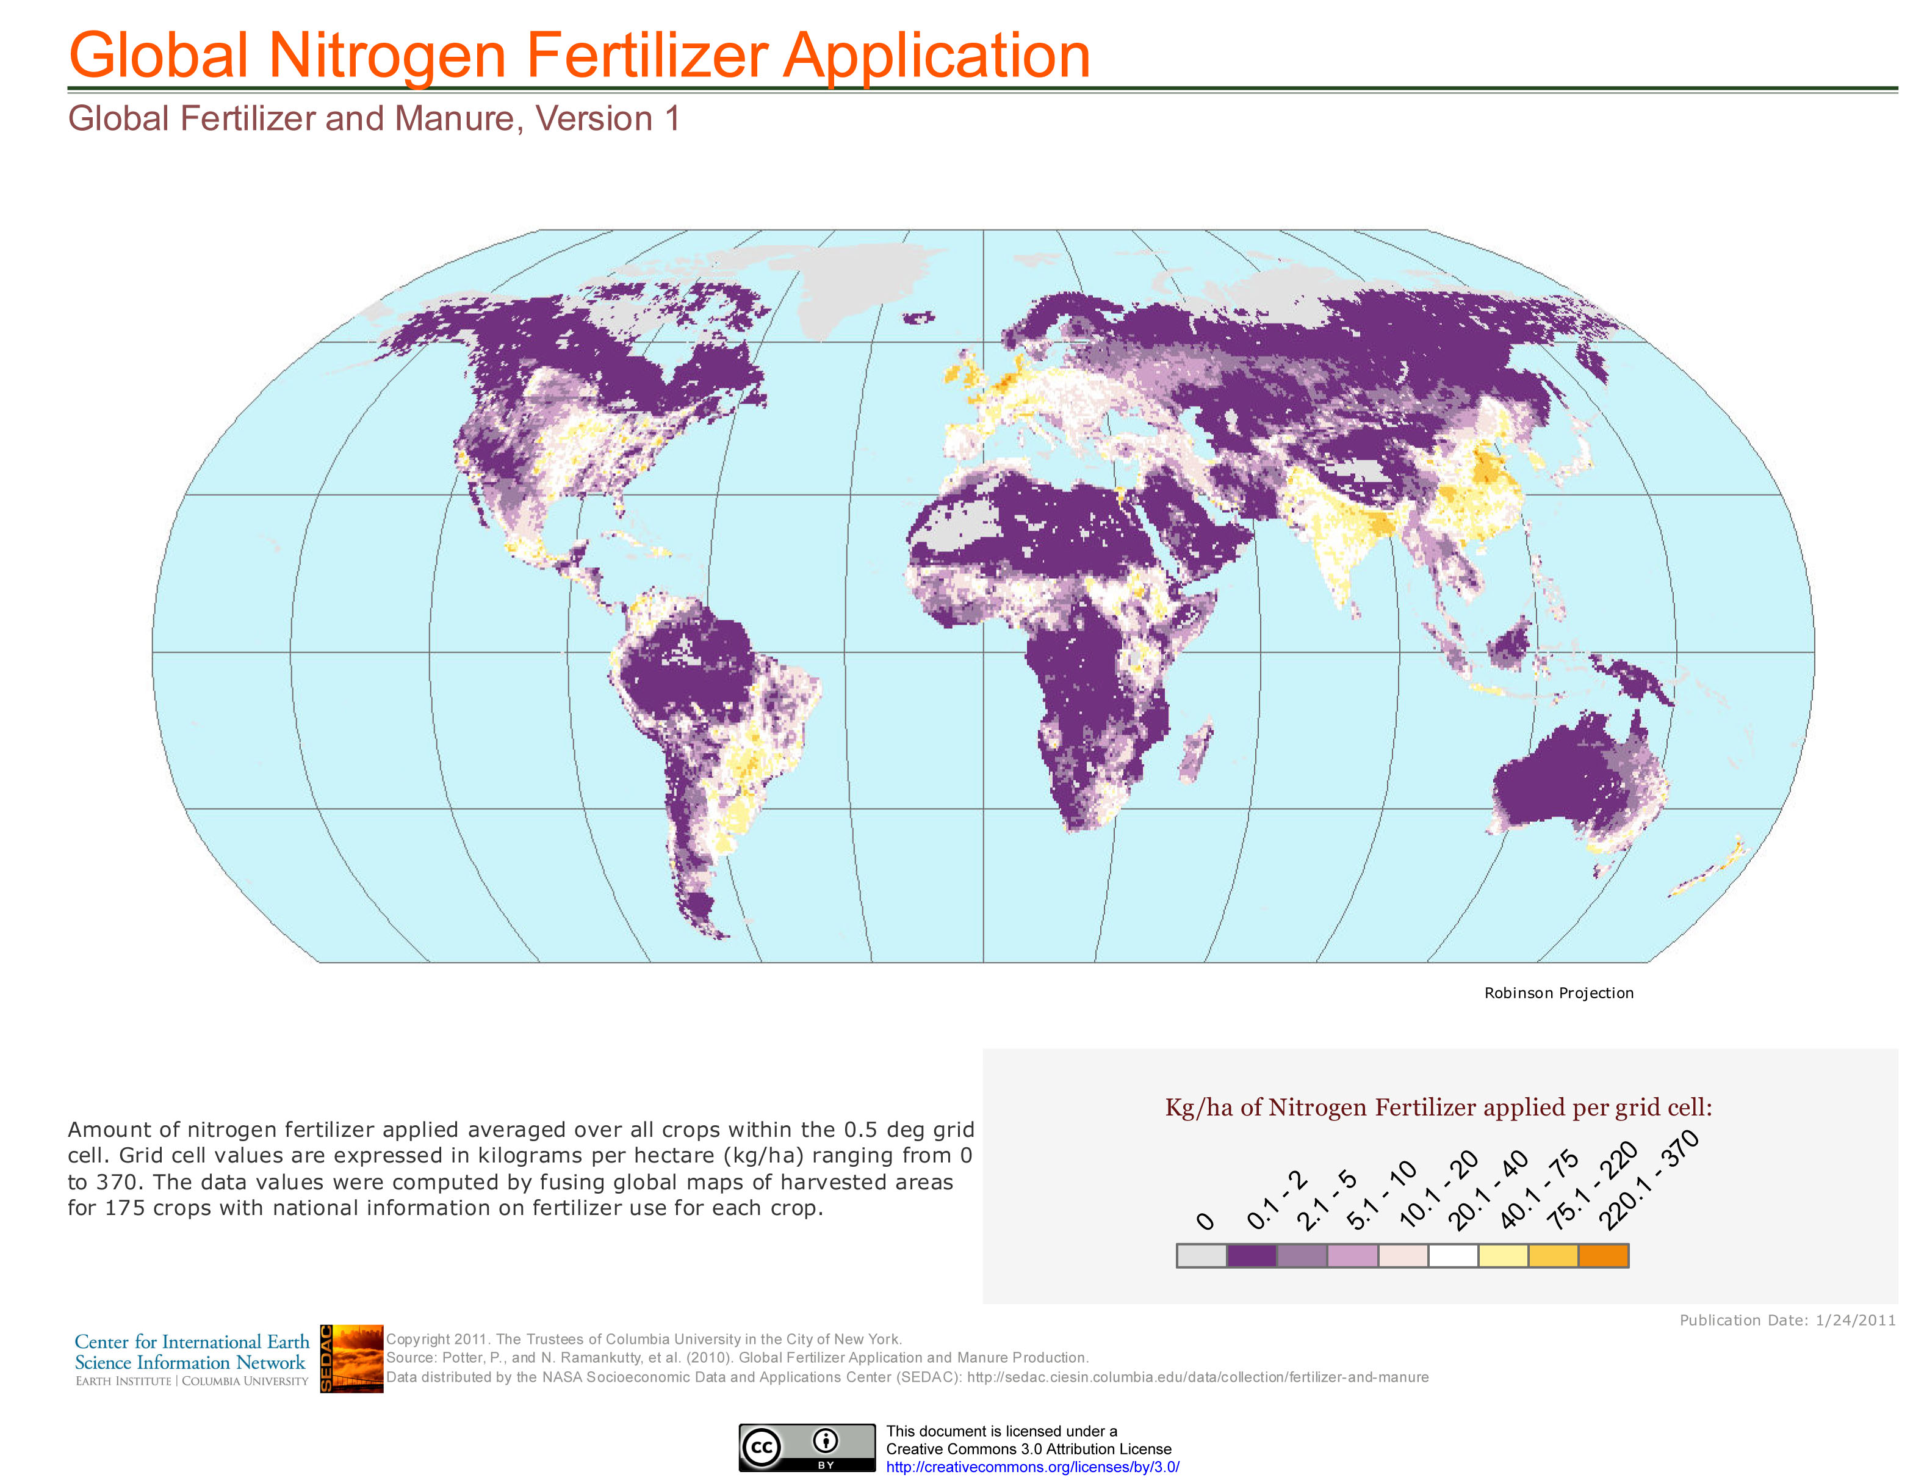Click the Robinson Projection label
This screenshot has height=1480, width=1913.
coord(1558,993)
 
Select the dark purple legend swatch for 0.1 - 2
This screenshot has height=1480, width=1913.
coord(1251,1255)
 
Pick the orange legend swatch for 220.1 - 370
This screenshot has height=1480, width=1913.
coord(1603,1255)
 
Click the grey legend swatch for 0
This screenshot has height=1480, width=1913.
coord(1201,1255)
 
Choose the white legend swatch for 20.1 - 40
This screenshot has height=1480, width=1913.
coord(1452,1255)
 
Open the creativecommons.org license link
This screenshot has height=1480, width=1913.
coord(1032,1467)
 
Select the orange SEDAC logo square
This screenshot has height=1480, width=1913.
coord(351,1358)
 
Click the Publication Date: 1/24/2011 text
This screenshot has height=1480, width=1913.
coord(1787,1319)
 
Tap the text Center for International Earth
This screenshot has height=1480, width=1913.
coord(192,1341)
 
